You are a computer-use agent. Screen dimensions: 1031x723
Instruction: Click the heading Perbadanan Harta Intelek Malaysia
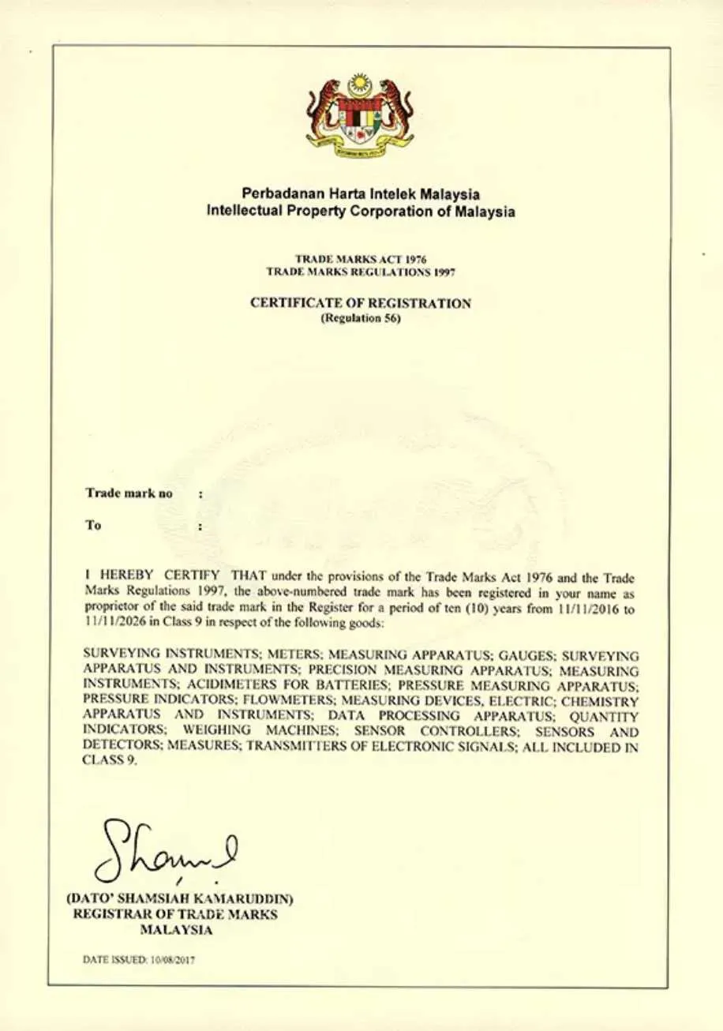tap(361, 193)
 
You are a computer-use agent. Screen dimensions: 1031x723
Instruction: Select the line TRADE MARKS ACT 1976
tap(361, 259)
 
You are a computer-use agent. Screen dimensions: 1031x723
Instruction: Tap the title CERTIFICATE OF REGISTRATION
tap(361, 303)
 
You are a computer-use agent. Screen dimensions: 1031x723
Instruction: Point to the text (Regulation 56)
tap(361, 319)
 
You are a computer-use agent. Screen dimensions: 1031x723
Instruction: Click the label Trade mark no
tap(129, 493)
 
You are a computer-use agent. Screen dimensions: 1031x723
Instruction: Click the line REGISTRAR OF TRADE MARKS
tap(175, 914)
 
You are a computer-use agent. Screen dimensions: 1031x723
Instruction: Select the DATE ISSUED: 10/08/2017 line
tap(139, 961)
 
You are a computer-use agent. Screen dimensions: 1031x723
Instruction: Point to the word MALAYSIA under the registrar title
tap(175, 930)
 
